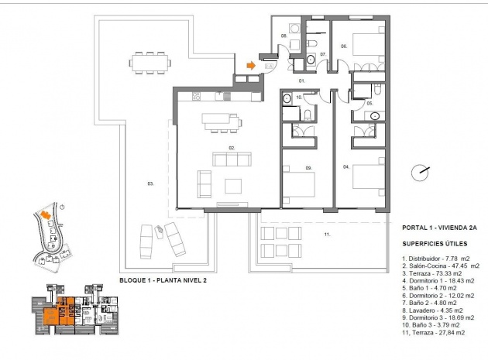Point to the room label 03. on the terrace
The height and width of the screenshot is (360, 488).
pos(149,183)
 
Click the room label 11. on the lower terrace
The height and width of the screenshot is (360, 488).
pos(327,234)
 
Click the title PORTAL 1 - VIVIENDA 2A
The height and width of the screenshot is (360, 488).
pos(439,228)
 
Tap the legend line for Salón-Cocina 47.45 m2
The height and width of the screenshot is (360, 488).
pos(441,265)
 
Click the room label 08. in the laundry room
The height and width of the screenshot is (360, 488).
pos(284,36)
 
